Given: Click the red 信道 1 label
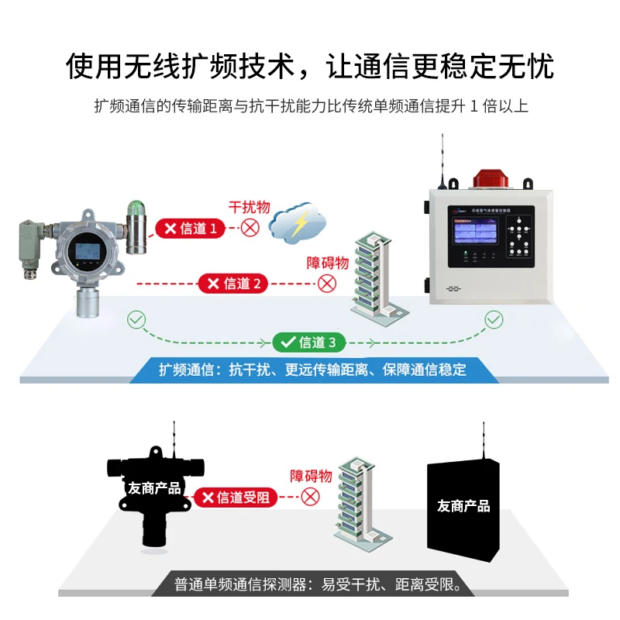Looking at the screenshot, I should click(191, 228).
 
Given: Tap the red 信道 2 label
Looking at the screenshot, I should click(233, 284).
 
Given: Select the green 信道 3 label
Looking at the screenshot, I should click(308, 342).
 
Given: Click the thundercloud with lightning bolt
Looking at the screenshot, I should click(298, 222).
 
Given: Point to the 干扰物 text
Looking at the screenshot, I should click(249, 208).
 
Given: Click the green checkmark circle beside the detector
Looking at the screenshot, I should click(136, 319).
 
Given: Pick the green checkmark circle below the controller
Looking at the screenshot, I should click(494, 319).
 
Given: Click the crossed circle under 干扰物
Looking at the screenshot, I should click(250, 228).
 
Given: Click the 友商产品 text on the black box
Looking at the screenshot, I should click(463, 506).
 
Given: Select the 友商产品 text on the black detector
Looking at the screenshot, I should click(153, 488).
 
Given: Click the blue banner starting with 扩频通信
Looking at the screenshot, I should click(313, 369).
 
